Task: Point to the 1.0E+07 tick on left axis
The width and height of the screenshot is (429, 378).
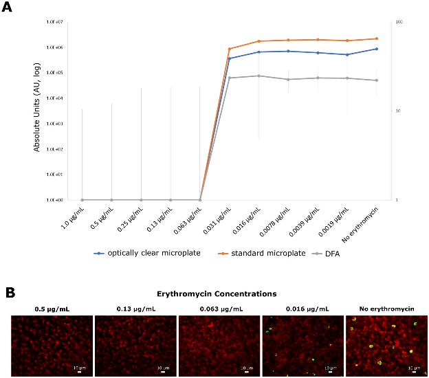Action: (55, 22)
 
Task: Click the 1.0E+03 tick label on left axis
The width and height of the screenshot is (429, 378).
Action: (55, 124)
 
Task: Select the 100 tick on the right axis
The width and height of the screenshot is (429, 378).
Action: (398, 23)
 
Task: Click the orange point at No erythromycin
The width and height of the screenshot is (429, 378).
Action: (376, 38)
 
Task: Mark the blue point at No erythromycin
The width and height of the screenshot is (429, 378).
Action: (376, 49)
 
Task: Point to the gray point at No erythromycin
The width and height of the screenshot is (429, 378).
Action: (376, 80)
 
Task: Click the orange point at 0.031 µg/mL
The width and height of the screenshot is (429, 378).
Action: (229, 49)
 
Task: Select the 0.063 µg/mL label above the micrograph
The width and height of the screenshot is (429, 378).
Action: (219, 309)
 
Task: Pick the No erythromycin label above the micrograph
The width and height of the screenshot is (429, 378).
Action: (387, 309)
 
